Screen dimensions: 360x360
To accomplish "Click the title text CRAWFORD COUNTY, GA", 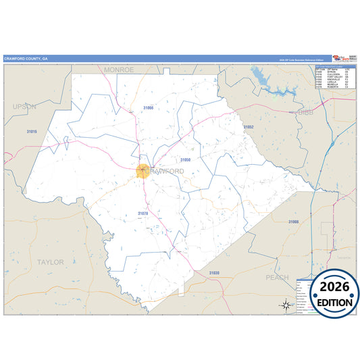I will [26, 59].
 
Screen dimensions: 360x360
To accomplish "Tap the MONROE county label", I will [119, 70].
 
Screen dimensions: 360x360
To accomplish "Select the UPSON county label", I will [25, 107].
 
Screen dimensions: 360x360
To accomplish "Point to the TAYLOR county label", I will [51, 261].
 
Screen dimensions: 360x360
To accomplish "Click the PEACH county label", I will [277, 277].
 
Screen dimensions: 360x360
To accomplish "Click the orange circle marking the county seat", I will [143, 171].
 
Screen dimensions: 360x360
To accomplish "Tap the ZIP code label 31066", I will [148, 107].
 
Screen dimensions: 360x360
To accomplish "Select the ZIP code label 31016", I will [32, 130].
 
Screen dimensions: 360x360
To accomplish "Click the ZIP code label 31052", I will [249, 127].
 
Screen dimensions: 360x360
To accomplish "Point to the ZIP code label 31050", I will [185, 159].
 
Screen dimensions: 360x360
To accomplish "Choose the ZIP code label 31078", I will [143, 213].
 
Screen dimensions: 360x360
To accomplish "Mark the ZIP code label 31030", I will [213, 272].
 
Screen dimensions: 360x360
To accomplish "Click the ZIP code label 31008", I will [293, 222].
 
